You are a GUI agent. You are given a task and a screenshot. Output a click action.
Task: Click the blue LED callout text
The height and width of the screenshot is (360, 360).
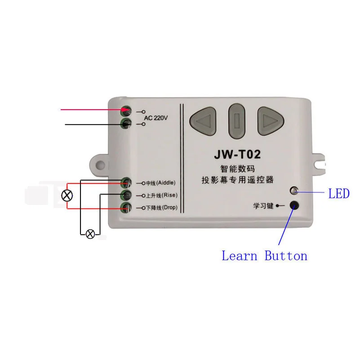coord(339,194)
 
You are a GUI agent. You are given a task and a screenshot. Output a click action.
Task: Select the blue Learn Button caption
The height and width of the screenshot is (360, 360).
coord(265,256)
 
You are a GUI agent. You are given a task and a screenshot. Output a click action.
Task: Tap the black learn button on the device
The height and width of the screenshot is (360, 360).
coord(295,205)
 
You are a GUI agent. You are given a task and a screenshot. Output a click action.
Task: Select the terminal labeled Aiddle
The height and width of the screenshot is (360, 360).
coord(127,182)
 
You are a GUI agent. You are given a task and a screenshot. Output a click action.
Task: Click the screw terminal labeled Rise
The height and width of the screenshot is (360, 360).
coord(127,195)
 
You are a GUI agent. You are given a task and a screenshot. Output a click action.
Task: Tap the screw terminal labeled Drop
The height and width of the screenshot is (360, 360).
coord(127,208)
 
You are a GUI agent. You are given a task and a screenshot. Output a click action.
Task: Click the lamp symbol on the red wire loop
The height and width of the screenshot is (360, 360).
coord(67,196)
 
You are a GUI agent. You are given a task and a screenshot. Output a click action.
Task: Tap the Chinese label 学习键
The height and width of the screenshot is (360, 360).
coord(263,206)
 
